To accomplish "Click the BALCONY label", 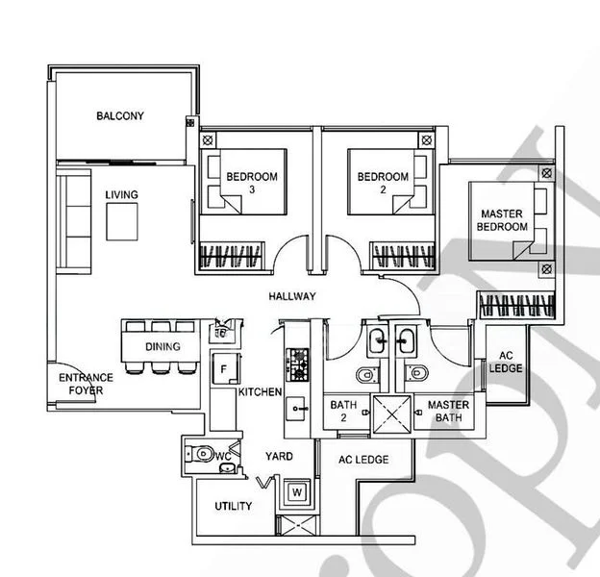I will pyautogui.click(x=120, y=116).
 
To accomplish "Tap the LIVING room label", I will pyautogui.click(x=121, y=195).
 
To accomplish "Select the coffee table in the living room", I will pyautogui.click(x=122, y=223).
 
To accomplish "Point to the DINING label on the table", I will pyautogui.click(x=162, y=346).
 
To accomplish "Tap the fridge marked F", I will pyautogui.click(x=223, y=367).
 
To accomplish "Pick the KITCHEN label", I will pyautogui.click(x=260, y=392).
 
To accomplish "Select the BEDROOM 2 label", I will pyautogui.click(x=383, y=183).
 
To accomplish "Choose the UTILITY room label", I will pyautogui.click(x=234, y=507).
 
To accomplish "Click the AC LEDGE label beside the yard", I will pyautogui.click(x=363, y=460).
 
